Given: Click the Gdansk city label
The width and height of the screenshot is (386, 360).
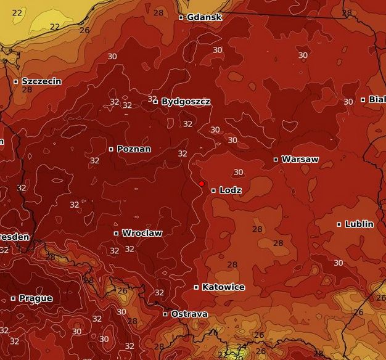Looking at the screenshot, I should [204, 17].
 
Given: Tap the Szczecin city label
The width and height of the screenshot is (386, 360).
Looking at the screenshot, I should [41, 81].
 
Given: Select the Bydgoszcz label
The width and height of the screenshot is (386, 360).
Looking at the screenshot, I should [186, 101].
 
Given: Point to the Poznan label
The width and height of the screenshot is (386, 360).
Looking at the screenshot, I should [133, 149].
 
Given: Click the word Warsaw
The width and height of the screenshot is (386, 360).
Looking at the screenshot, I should [300, 159].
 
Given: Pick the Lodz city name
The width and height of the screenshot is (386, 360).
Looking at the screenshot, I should [230, 190].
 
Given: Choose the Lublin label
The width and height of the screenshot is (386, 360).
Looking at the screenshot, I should [359, 224].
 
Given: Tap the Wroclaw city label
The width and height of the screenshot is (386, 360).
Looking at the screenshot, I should [142, 233].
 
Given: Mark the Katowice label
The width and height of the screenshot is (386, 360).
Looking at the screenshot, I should [223, 287].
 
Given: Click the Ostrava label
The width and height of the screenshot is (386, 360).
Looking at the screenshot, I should [189, 314].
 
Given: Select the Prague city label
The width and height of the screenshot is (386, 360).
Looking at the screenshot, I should [35, 298].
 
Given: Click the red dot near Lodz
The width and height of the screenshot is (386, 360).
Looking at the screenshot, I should [202, 184].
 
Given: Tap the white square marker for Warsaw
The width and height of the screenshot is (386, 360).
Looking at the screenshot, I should [276, 160].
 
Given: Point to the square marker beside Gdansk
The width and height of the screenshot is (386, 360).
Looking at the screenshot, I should [181, 17].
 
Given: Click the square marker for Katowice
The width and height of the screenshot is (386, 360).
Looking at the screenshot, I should [197, 287].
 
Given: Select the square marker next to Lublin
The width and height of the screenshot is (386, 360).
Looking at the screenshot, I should [339, 224].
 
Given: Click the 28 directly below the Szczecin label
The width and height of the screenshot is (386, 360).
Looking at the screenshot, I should [27, 89].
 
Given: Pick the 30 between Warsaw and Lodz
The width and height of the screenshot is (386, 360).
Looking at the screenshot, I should [238, 172].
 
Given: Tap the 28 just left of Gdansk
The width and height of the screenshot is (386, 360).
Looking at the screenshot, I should [158, 13].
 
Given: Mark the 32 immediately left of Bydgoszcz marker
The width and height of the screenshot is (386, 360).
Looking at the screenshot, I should [151, 99].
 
